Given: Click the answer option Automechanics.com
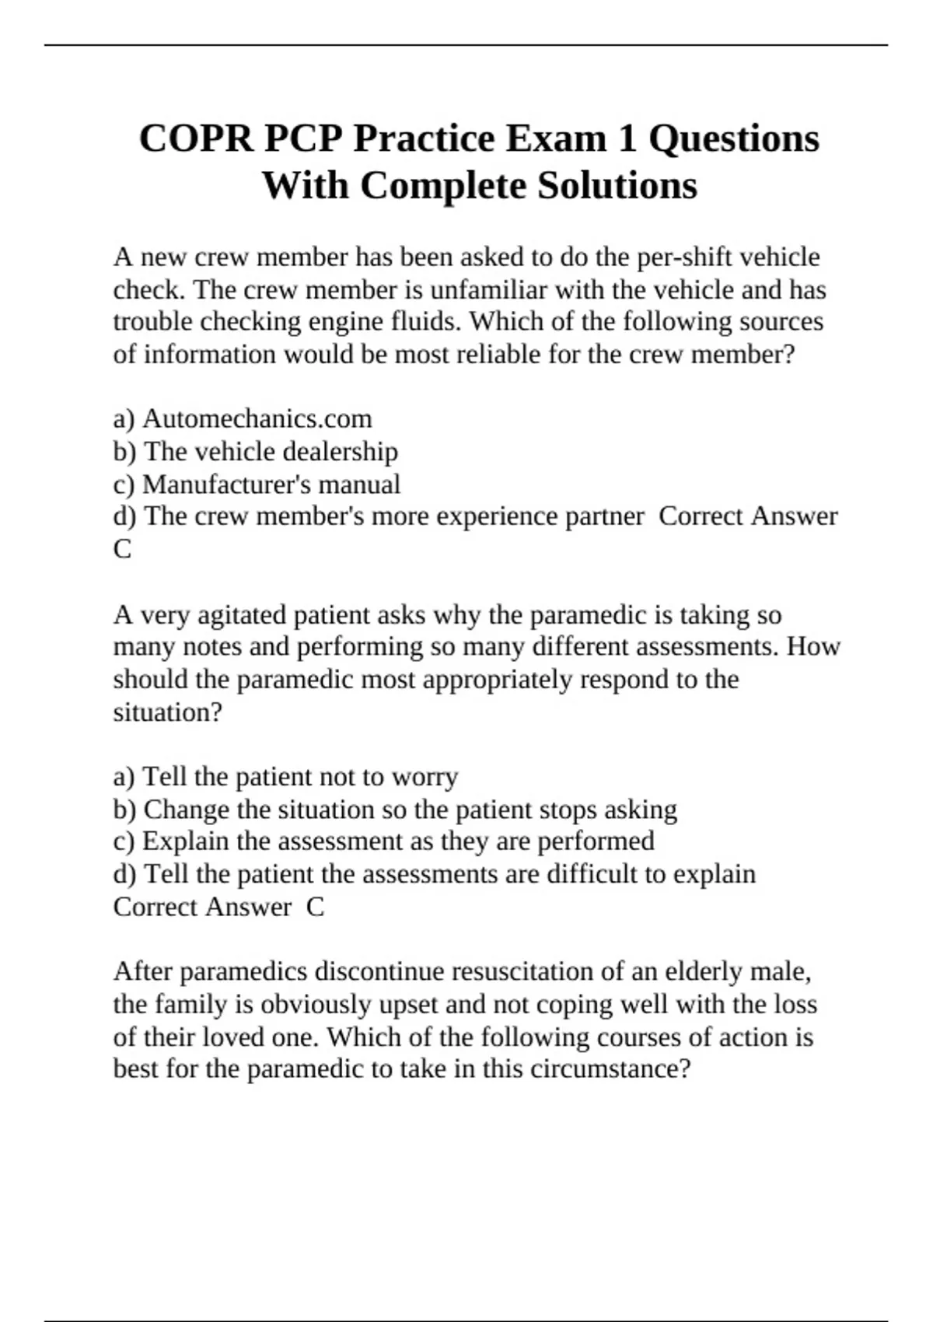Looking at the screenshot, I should [x=257, y=419].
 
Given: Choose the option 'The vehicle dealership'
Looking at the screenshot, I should [x=271, y=452].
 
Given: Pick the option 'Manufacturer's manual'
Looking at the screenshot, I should [x=271, y=484].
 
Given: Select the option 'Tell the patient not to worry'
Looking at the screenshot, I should [x=300, y=777].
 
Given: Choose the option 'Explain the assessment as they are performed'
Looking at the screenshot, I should [x=398, y=841].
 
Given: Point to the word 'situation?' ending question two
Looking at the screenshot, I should [x=168, y=712].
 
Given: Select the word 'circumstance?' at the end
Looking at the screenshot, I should [x=610, y=1069].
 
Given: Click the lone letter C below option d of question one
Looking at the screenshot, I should [x=122, y=550].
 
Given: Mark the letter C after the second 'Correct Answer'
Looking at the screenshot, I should [x=315, y=908].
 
